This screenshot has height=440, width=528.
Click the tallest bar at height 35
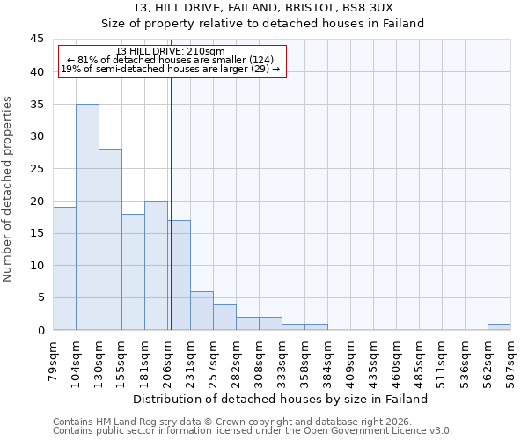point(87,216)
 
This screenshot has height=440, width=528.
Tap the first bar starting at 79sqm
point(64,268)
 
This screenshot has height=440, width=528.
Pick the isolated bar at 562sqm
point(499,326)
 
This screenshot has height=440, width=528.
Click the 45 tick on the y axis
point(36,40)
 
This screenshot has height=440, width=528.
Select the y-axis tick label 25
point(36,169)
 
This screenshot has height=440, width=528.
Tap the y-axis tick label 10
point(36,266)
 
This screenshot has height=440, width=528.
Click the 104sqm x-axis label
point(77,356)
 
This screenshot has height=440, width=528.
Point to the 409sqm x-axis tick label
point(351,356)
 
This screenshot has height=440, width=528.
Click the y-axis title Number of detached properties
point(9,189)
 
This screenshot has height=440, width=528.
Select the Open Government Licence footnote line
point(253,430)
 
